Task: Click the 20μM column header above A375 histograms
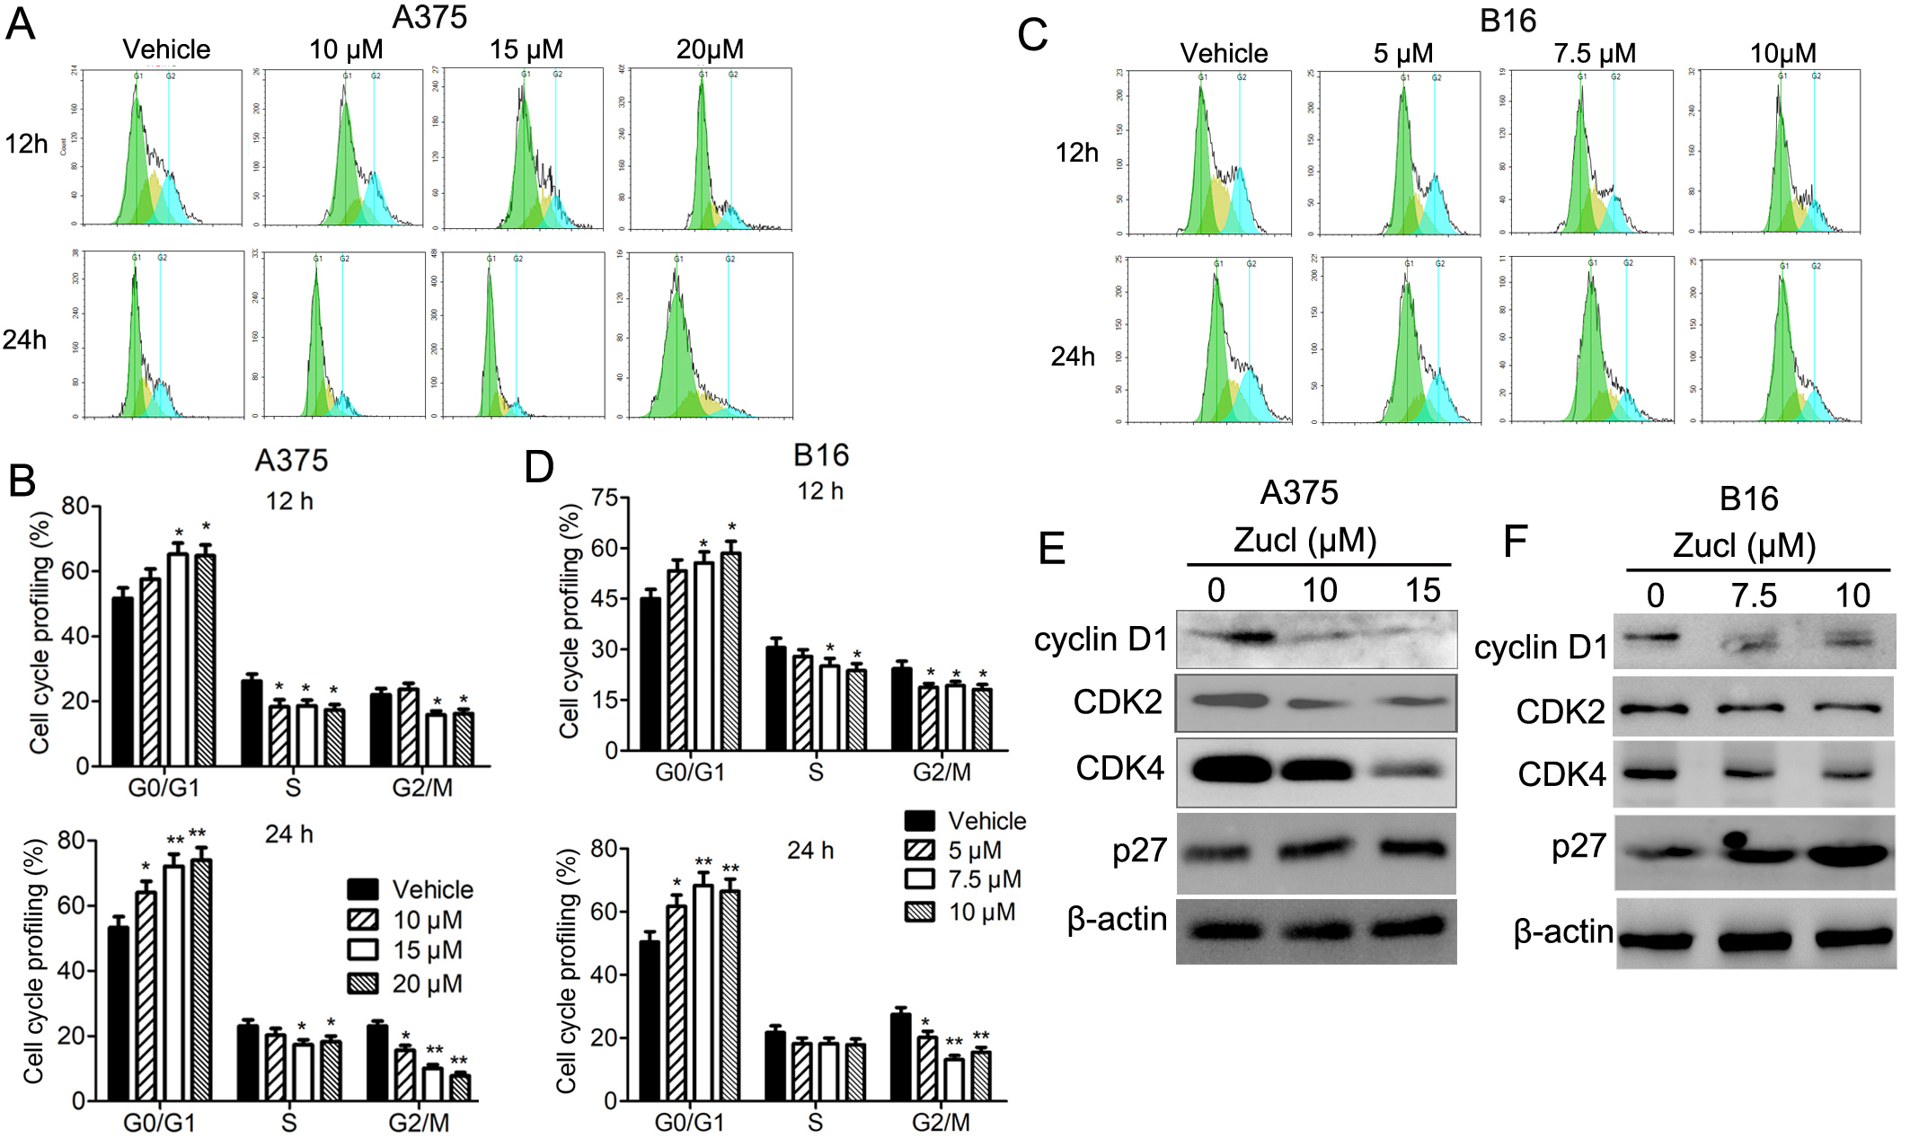click(x=710, y=49)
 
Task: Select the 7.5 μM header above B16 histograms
click(x=1595, y=53)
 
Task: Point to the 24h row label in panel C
click(x=1073, y=357)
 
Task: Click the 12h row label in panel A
click(x=26, y=144)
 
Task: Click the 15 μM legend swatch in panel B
click(x=362, y=950)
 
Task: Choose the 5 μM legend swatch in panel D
click(x=920, y=851)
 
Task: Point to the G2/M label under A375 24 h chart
click(x=419, y=1123)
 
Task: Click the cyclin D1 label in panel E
click(x=1101, y=640)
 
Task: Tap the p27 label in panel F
click(x=1578, y=846)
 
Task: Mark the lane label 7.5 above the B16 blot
click(x=1754, y=595)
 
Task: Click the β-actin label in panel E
click(x=1117, y=920)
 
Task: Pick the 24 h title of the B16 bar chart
click(x=809, y=850)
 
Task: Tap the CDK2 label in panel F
click(x=1560, y=711)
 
